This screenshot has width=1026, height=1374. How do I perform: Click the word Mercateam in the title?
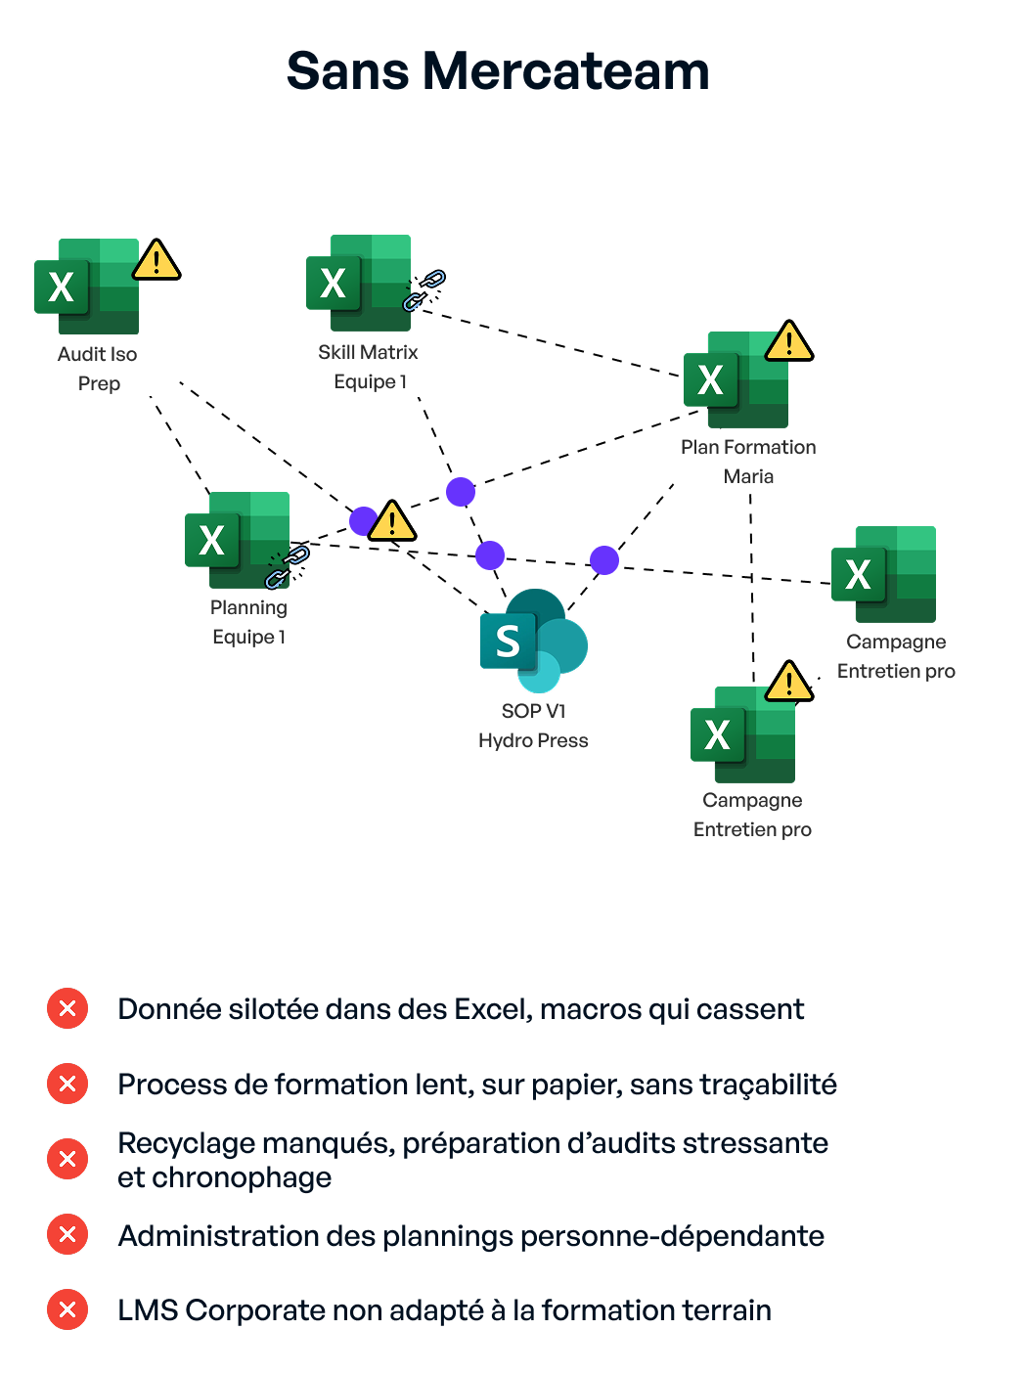tap(566, 72)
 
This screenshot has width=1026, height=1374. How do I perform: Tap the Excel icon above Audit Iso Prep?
tap(87, 287)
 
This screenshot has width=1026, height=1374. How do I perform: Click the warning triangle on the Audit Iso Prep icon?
tap(156, 261)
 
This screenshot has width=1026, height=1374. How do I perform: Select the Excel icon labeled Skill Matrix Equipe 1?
tap(358, 283)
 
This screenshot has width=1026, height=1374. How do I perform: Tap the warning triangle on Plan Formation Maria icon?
tap(789, 341)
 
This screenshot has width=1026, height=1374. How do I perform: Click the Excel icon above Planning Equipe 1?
tap(238, 540)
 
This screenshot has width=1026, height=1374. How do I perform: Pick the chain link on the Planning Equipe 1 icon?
tap(288, 567)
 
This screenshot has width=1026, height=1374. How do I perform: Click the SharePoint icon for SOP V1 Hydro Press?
tap(533, 641)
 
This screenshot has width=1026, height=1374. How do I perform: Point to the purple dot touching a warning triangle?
tap(363, 520)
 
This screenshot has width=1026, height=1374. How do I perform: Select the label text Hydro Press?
tap(533, 741)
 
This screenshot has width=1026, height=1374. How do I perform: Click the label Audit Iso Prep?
tap(98, 369)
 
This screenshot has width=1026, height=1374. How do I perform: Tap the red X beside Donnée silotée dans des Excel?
tap(67, 1008)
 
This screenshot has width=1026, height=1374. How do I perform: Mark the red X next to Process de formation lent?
tap(67, 1084)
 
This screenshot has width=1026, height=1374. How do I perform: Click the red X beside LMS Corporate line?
tap(67, 1309)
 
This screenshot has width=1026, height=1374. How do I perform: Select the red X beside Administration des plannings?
tap(67, 1234)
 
